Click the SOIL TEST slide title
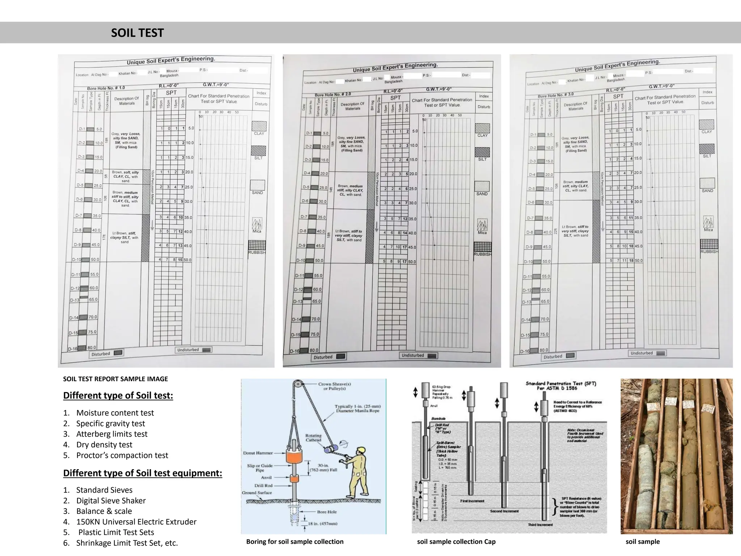[x=137, y=33]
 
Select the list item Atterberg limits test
[x=112, y=434]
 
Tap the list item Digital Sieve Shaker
[x=111, y=501]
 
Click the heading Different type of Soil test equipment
[x=143, y=473]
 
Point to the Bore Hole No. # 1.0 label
[x=106, y=88]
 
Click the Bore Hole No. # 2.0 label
[x=333, y=94]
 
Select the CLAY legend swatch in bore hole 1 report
[x=259, y=126]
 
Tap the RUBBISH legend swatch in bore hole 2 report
[x=483, y=247]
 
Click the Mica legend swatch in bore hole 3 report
[x=708, y=222]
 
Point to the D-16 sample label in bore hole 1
[x=73, y=349]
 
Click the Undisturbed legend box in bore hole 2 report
[x=418, y=355]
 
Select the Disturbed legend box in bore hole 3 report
[x=559, y=356]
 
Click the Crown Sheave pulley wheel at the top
[x=297, y=384]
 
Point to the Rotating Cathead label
[x=313, y=438]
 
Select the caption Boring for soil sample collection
[x=295, y=542]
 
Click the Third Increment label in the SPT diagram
[x=540, y=525]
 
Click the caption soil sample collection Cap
[x=456, y=542]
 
